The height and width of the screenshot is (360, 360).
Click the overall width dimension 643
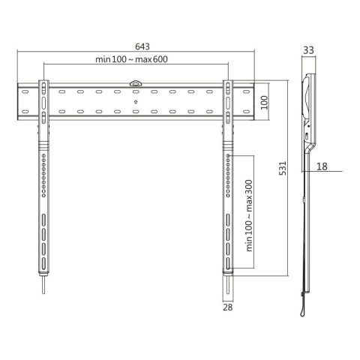[136, 46]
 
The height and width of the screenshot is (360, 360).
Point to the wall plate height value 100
[263, 102]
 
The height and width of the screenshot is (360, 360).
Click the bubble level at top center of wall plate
[136, 85]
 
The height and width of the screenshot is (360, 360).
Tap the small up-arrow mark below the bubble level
[136, 100]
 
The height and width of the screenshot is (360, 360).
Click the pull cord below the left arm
[43, 286]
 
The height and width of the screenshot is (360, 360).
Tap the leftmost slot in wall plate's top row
[26, 93]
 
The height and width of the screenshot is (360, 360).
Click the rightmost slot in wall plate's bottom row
[244, 113]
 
